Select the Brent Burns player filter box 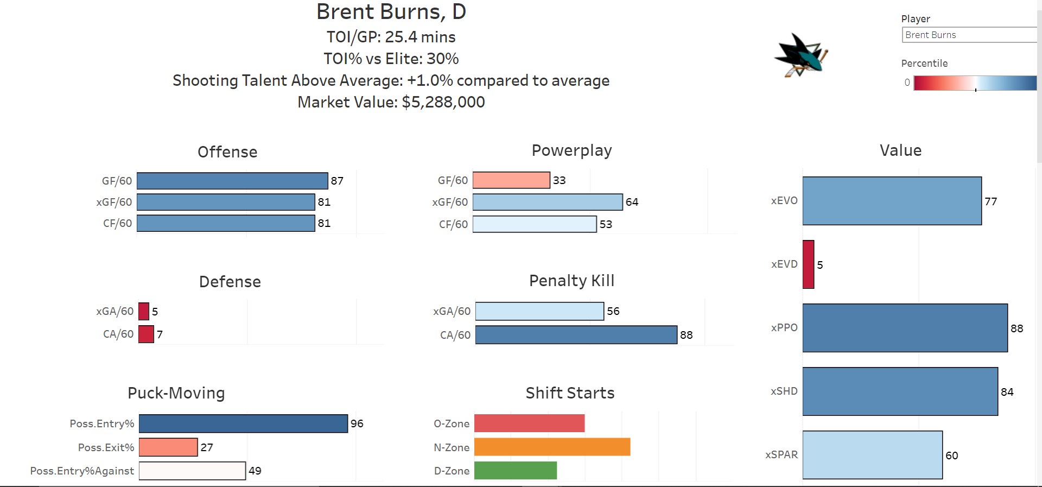click(x=969, y=35)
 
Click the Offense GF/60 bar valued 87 click(x=232, y=181)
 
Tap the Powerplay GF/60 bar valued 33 click(x=511, y=180)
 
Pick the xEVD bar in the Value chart click(x=809, y=264)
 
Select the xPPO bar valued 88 click(x=905, y=328)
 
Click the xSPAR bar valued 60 click(x=873, y=455)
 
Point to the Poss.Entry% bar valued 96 click(x=243, y=423)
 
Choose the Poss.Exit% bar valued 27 click(x=168, y=447)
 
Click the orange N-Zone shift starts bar click(x=552, y=447)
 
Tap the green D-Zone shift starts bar click(x=516, y=470)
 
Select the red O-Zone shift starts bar click(x=529, y=423)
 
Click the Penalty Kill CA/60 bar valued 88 click(x=576, y=335)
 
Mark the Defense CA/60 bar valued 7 click(x=146, y=334)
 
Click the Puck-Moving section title click(x=176, y=393)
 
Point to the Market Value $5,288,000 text click(x=391, y=102)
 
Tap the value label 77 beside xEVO click(x=991, y=201)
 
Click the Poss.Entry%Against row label click(x=82, y=471)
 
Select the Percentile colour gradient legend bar click(x=975, y=83)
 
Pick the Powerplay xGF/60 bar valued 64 click(x=548, y=202)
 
